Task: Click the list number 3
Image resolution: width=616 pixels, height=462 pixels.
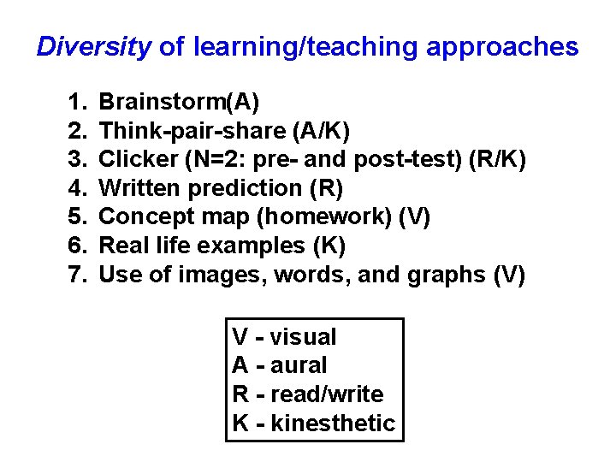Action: click(x=76, y=160)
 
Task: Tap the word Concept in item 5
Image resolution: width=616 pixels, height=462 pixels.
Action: click(x=142, y=217)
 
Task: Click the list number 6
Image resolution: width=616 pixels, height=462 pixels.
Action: click(x=76, y=246)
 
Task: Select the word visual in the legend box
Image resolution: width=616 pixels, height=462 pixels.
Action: click(x=304, y=337)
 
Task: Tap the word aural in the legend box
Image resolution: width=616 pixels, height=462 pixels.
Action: click(x=299, y=365)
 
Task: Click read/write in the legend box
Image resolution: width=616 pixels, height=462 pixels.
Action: click(x=327, y=394)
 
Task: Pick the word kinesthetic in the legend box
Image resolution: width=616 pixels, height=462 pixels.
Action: click(x=333, y=423)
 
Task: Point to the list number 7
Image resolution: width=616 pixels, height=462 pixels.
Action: click(x=76, y=275)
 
